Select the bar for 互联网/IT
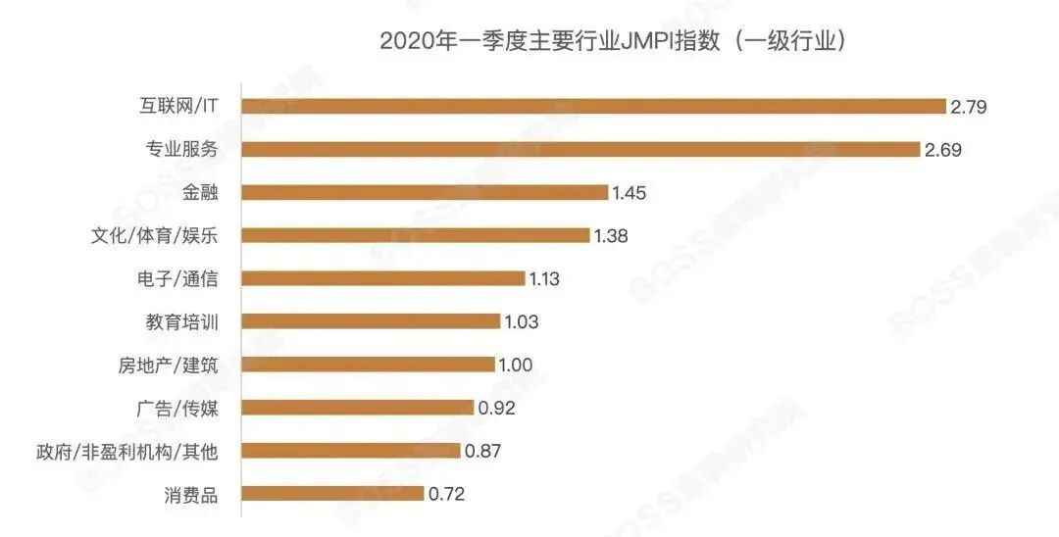[593, 106]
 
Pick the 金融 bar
[425, 192]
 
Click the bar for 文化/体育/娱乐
[416, 235]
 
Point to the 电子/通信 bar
[383, 278]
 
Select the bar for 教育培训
[371, 321]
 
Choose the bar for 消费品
[332, 494]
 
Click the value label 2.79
[968, 106]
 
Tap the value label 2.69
[943, 150]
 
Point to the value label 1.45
[630, 193]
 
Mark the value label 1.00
[515, 366]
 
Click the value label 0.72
[446, 495]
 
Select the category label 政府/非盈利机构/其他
[126, 452]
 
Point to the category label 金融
[199, 193]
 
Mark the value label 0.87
[481, 452]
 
